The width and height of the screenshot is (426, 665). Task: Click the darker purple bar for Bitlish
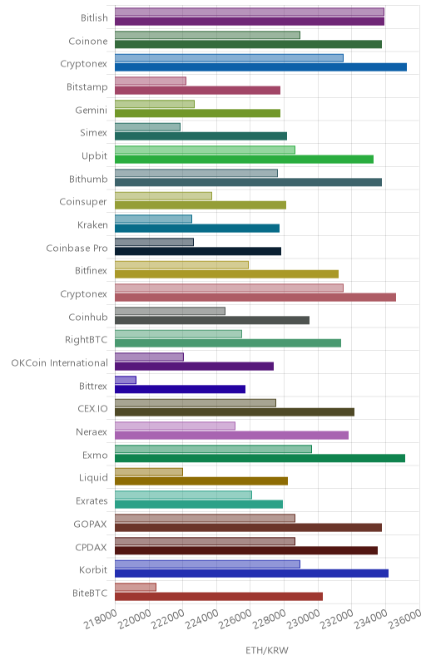coord(250,22)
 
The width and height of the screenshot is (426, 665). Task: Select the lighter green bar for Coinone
coord(207,35)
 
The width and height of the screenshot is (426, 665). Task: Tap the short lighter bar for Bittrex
coord(126,380)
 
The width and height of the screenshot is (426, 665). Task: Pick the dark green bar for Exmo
coord(260,458)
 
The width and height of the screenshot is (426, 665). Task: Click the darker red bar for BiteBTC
coord(219,596)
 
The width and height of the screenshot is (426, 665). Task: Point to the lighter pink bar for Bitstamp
coord(151,81)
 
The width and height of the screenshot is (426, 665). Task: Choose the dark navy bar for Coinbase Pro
coord(198,251)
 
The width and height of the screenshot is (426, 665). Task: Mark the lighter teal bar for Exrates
coord(183,495)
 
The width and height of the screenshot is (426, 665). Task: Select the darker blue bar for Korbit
coord(251,574)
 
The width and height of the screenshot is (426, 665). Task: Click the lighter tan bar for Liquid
coord(149,472)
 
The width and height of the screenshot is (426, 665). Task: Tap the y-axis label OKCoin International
coord(59,363)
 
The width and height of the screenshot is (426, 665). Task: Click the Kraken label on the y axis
coord(92,224)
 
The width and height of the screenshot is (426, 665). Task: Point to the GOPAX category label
coord(91,525)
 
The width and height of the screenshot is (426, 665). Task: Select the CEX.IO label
coord(92,409)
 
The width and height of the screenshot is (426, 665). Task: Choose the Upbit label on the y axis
coord(94,156)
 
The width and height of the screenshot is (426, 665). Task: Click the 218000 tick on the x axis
coord(100,619)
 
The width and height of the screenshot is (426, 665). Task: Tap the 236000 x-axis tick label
coord(405,619)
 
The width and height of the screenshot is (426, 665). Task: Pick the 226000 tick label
coord(236,619)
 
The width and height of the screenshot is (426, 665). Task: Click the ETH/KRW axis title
coord(267,651)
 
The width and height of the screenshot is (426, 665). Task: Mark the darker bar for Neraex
coord(231,435)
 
